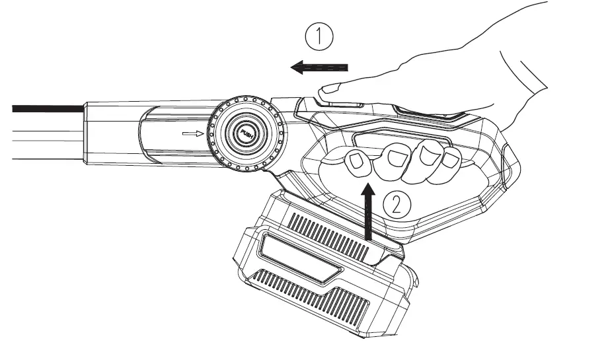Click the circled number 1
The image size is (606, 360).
321,38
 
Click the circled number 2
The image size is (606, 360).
398,204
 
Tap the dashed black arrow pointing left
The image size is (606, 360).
320,67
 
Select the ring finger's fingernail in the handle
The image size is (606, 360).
427,155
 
